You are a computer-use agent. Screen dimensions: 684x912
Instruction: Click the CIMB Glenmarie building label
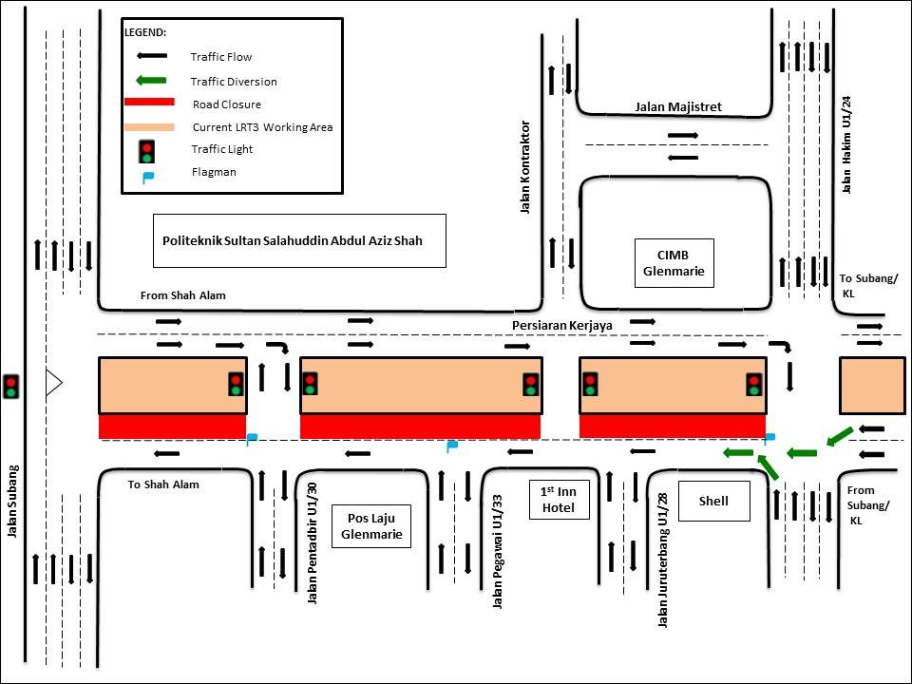[x=674, y=262]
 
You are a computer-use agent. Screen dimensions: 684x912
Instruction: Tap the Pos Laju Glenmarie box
[x=370, y=525]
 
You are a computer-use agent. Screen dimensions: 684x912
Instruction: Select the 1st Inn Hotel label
[x=560, y=499]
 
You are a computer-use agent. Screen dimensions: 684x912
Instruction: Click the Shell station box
[x=712, y=501]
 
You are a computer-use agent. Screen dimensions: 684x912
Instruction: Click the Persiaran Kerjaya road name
[x=561, y=325]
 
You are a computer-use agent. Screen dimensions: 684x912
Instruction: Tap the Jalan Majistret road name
[x=678, y=107]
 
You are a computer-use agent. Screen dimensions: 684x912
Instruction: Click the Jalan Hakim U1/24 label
[x=846, y=143]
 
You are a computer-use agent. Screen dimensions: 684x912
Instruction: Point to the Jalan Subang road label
[x=12, y=501]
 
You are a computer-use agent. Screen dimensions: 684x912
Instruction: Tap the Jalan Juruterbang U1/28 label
[x=662, y=560]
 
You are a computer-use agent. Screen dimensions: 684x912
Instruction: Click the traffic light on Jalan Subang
[x=11, y=386]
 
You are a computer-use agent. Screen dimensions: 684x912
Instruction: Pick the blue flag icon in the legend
[x=147, y=176]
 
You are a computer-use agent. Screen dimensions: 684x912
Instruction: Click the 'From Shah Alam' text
[x=182, y=295]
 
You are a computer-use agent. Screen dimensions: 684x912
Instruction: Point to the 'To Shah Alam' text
[x=163, y=484]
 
